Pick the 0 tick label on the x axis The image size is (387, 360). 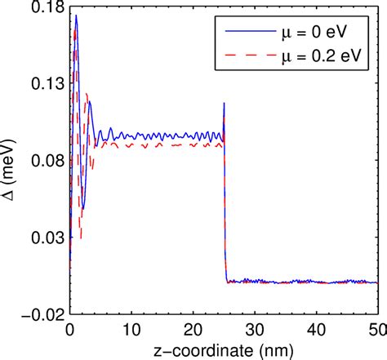(x=69, y=329)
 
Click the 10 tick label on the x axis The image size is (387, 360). (x=131, y=329)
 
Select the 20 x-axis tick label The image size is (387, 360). (x=193, y=329)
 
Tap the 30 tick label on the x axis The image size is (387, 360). (x=255, y=329)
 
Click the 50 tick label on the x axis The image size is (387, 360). (x=376, y=329)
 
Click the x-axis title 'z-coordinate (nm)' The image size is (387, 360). (x=223, y=349)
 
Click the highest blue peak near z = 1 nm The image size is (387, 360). (x=76, y=16)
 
